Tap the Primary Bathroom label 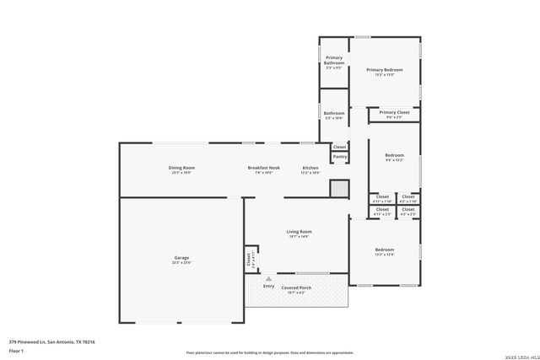pos(334,60)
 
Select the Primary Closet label pos(394,112)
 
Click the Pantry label pos(339,156)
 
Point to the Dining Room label pos(182,168)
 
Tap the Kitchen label pos(310,168)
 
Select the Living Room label pos(299,232)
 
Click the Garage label pos(181,258)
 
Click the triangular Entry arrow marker pos(268,277)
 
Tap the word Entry pos(268,287)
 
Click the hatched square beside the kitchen pos(338,189)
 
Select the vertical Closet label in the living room pos(249,260)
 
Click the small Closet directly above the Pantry pos(339,147)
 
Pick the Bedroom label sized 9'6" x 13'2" pos(394,155)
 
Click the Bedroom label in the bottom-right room pos(384,250)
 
